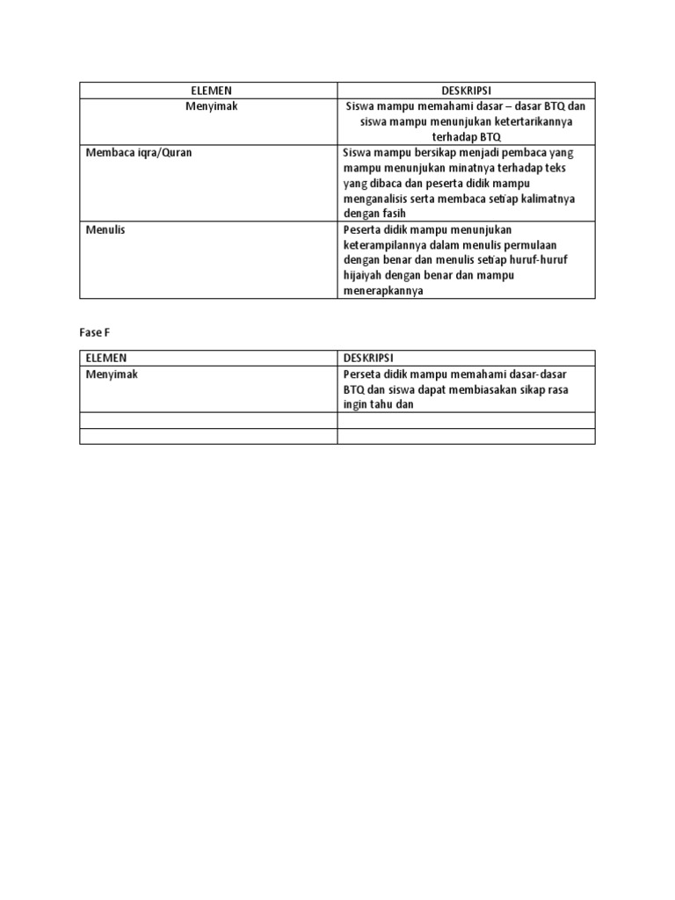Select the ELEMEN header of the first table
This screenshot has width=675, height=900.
(209, 91)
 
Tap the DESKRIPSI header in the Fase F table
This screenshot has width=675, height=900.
(368, 359)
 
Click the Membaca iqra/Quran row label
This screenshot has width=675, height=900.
(139, 152)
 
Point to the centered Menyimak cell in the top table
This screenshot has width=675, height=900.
(209, 106)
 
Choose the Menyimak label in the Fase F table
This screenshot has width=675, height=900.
(112, 374)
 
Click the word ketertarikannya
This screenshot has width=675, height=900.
(523, 122)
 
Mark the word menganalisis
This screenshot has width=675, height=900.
(379, 199)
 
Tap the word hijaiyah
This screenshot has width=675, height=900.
(365, 276)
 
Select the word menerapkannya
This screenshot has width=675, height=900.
(383, 292)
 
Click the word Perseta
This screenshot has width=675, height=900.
(363, 374)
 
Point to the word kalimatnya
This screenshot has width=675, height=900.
(546, 199)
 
